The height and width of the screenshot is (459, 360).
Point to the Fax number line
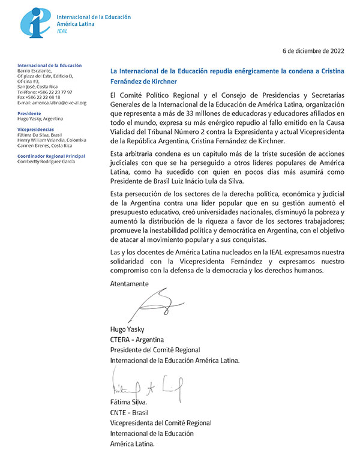point(38,97)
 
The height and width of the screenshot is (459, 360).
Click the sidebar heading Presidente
point(30,113)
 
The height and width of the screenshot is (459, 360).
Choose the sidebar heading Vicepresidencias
point(37,129)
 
